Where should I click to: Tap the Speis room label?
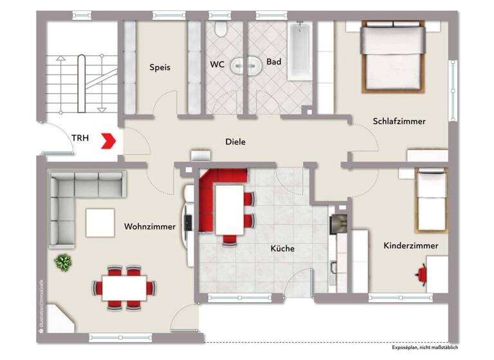pos(160,67)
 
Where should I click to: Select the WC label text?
pos(217,64)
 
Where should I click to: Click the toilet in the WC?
pos(221,28)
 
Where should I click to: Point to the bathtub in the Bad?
pos(299,51)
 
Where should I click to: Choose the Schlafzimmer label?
pos(399,121)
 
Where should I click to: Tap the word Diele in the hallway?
pos(235,142)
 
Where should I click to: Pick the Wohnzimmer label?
pos(150,226)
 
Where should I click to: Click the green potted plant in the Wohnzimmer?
pos(63,262)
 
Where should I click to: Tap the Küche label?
pos(282,248)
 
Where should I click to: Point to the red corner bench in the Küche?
pos(212,193)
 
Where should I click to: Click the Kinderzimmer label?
pos(411,246)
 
